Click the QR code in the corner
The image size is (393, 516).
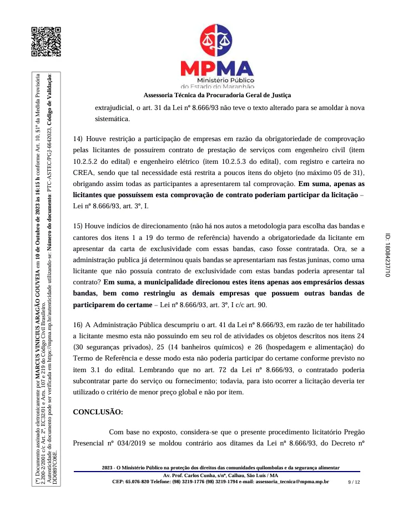click(x=46, y=42)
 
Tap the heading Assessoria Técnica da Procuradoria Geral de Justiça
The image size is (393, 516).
click(x=217, y=96)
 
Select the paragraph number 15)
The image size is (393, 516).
click(x=78, y=226)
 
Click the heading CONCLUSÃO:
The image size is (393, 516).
click(x=98, y=412)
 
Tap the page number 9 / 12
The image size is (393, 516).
click(x=354, y=482)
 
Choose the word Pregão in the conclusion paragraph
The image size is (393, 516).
click(x=354, y=432)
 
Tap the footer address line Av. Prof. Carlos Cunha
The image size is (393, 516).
click(x=221, y=475)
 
